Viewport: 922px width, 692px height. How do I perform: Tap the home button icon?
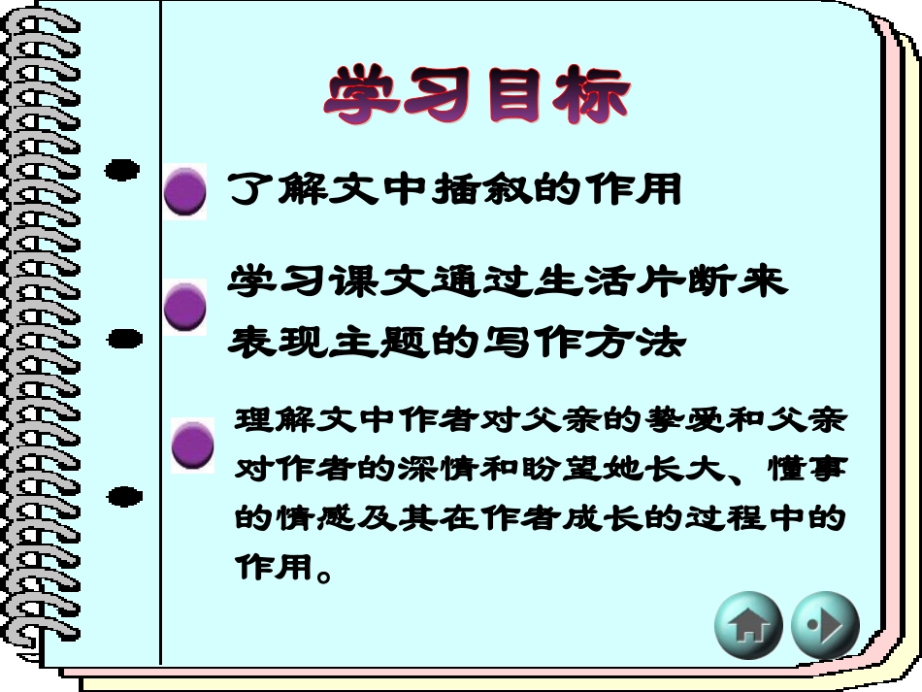point(748,625)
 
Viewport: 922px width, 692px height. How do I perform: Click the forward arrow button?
point(825,625)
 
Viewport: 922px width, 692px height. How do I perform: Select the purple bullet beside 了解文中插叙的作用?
point(184,191)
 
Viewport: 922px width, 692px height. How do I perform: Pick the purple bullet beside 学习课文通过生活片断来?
point(184,309)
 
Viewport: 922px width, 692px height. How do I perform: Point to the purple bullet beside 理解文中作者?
point(193,445)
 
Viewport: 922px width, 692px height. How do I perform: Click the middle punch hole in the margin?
point(123,339)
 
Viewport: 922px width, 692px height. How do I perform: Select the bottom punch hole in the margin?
point(123,498)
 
